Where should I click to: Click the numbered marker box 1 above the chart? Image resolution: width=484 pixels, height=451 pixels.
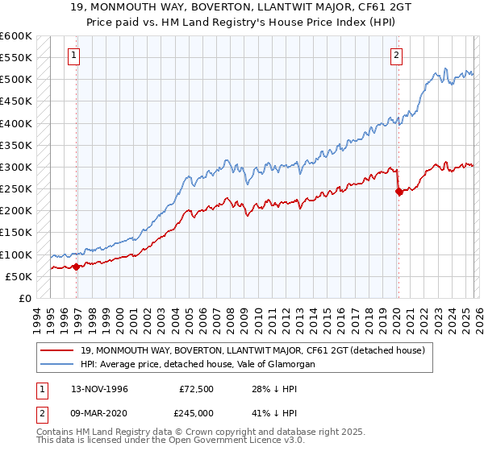(74, 56)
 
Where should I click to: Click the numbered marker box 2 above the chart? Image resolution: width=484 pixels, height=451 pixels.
(398, 56)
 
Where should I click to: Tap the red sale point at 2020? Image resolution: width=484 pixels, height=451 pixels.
(398, 191)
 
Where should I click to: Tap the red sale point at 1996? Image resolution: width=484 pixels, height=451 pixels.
(76, 267)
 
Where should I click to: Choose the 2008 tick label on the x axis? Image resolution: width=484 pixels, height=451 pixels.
(232, 318)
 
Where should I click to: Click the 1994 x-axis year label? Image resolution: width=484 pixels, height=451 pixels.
(37, 318)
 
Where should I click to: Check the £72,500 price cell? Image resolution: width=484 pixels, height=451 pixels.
(196, 389)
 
